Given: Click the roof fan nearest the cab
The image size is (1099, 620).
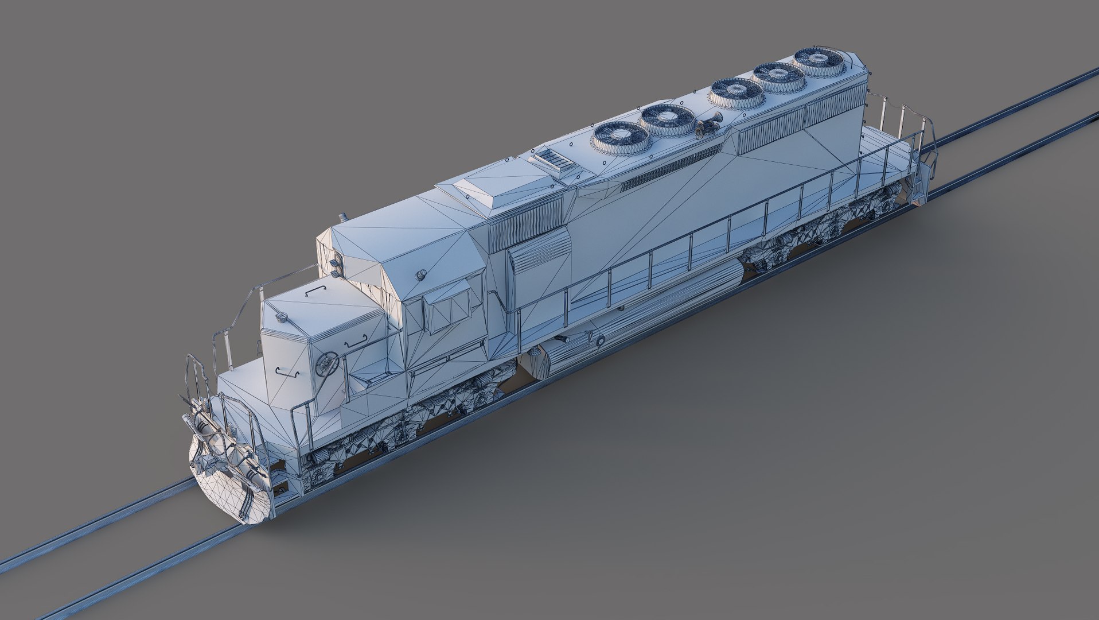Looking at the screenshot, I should coord(621,137).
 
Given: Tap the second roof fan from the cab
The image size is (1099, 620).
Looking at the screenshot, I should coord(669,118).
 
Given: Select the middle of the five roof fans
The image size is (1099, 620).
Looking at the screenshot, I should coord(737,92).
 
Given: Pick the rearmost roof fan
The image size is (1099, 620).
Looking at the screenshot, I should coord(819,61).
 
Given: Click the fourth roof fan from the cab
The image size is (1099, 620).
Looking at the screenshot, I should coord(780,76).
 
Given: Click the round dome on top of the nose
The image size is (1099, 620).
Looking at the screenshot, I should coord(282,316).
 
